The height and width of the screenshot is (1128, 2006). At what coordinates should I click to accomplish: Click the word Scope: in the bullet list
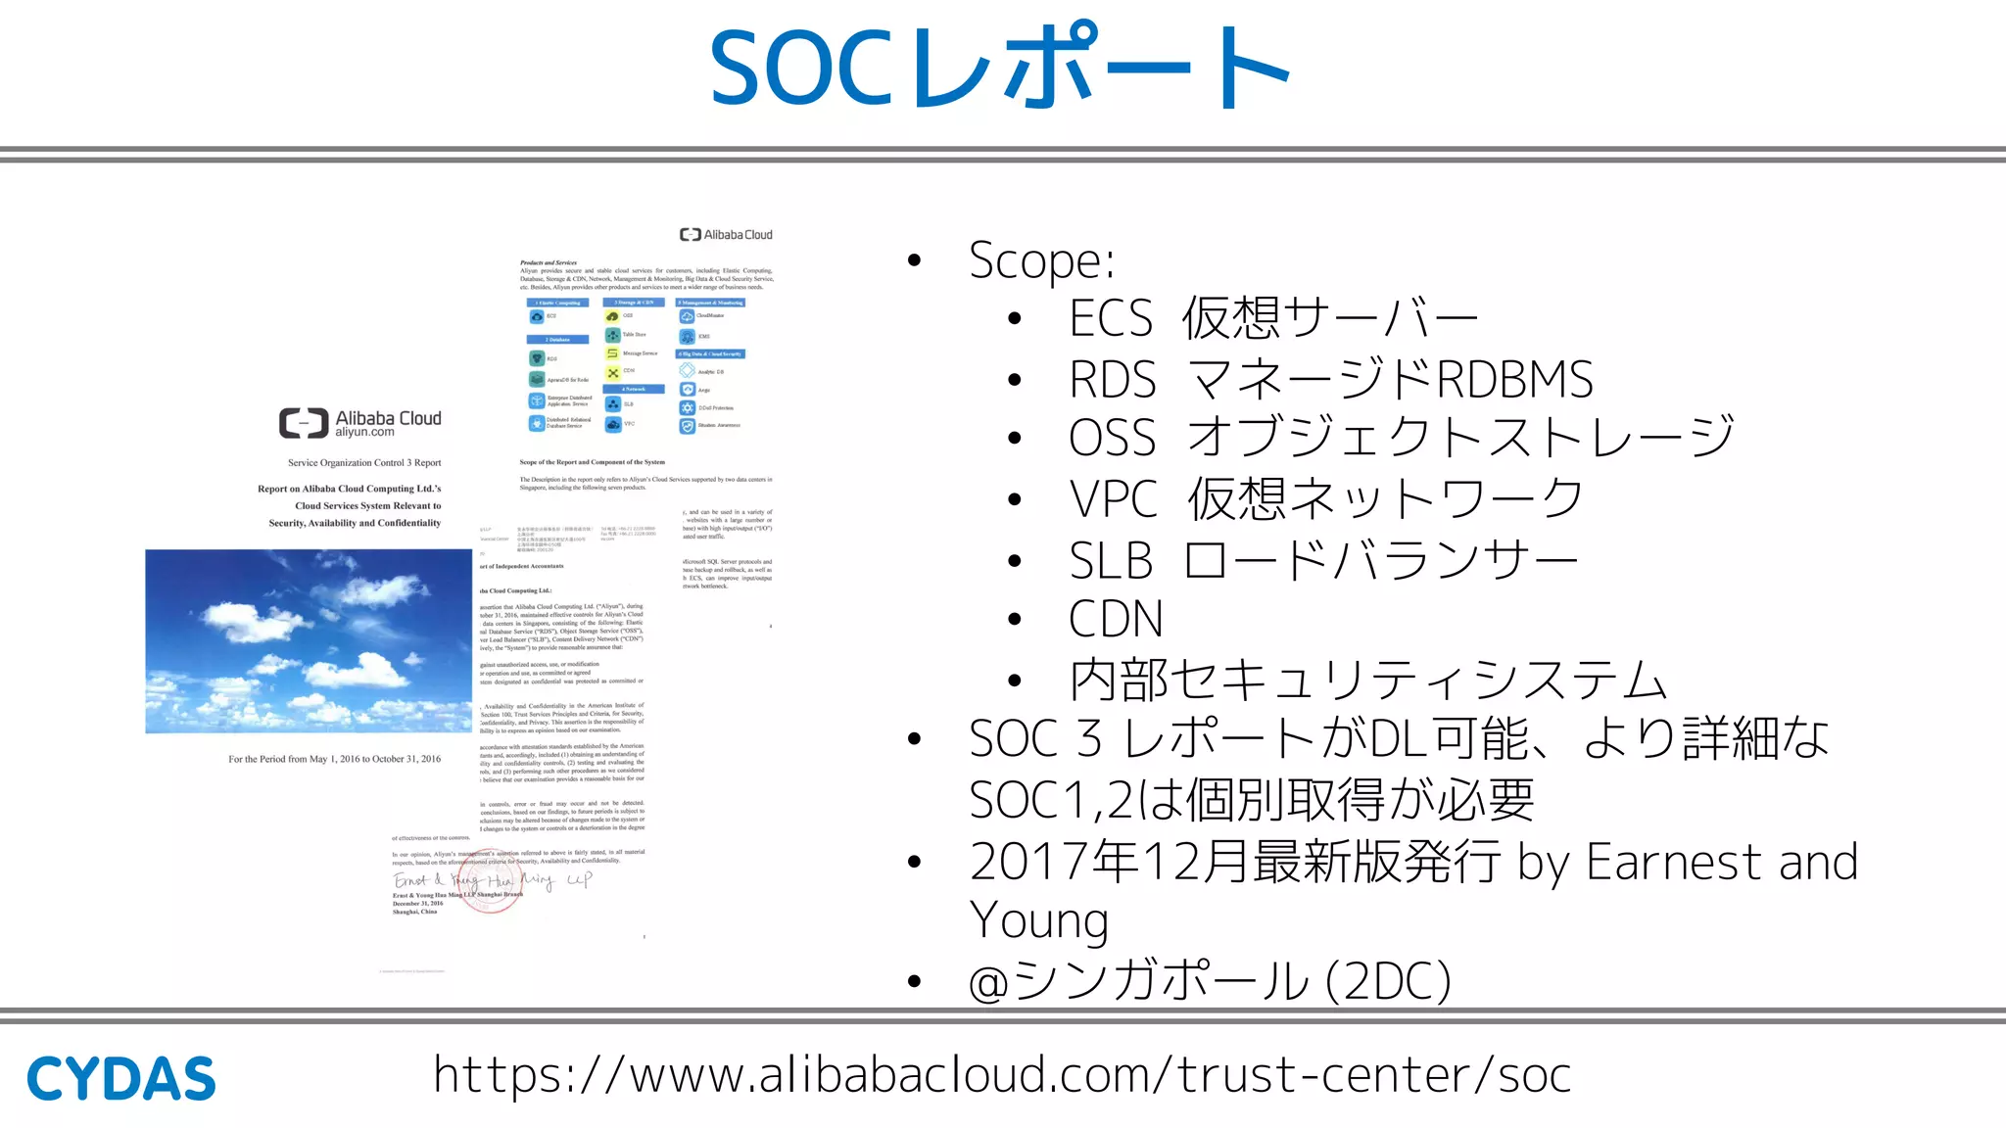pos(1041,260)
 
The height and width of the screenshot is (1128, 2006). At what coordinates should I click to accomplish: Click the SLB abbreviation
pos(1111,561)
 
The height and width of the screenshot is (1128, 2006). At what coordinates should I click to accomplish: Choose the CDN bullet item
pos(1116,619)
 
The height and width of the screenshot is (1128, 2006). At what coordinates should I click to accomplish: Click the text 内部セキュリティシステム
pos(1367,680)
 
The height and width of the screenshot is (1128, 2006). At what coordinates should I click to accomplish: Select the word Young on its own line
pos(1038,920)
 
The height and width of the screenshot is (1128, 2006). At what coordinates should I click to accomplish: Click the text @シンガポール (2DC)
pos(1210,980)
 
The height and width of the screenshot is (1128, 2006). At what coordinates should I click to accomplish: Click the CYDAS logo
pos(120,1079)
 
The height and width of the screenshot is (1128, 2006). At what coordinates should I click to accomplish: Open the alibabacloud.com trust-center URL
pos(1001,1075)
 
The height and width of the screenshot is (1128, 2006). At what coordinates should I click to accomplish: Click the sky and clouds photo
pos(309,641)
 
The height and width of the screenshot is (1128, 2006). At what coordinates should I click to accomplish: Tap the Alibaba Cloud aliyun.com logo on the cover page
pos(359,423)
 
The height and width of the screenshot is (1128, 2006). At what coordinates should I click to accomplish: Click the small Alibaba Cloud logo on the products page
pos(726,235)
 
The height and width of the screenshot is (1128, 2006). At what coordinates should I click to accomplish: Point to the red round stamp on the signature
pos(491,881)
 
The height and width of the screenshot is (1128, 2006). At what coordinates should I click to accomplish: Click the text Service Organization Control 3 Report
pos(364,463)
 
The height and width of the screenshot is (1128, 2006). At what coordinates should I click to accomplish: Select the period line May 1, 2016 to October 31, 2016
pos(335,759)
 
